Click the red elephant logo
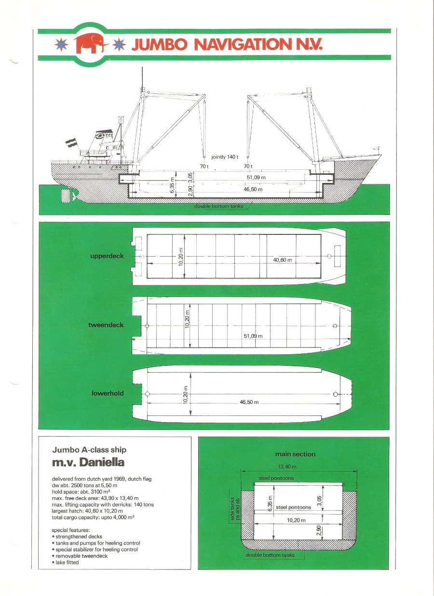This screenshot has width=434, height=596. coord(91,43)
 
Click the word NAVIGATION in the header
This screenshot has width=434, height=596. coord(243,44)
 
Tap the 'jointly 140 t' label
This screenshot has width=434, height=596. coord(225,157)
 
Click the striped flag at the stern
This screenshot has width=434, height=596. coord(71,143)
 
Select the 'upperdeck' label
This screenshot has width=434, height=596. coord(107,256)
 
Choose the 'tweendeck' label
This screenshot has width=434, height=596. coord(106,325)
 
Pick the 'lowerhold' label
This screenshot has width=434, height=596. coord(108,393)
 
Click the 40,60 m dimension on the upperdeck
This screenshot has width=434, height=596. coord(282,260)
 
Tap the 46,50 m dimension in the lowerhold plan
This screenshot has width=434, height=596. coord(249,402)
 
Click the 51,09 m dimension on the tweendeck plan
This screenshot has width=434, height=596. coord(253,336)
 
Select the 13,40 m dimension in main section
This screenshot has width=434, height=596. coord(287,466)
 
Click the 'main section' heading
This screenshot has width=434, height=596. coord(295,454)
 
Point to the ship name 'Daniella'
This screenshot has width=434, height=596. coord(102,462)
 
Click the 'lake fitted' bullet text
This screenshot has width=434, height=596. coord(67,562)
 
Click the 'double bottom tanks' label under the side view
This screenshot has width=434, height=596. coord(218,206)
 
